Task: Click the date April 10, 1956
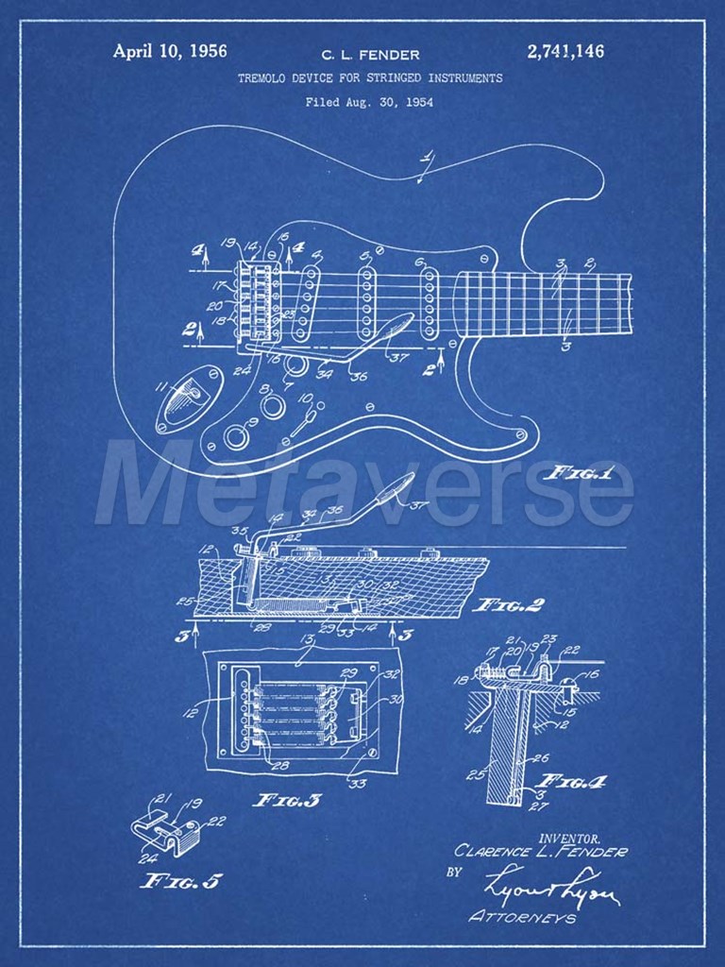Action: pyautogui.click(x=169, y=51)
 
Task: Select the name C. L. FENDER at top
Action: pyautogui.click(x=371, y=55)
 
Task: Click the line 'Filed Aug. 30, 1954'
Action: pyautogui.click(x=369, y=102)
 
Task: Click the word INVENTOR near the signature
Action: pyautogui.click(x=569, y=837)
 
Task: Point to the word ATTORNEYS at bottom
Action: pyautogui.click(x=522, y=917)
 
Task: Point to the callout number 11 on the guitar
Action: pyautogui.click(x=160, y=385)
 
